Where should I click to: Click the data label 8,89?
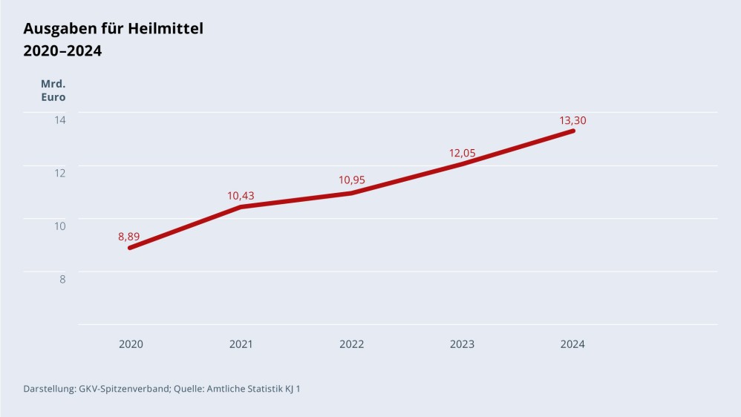[129, 237]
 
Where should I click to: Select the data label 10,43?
[241, 196]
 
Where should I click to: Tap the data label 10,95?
[352, 180]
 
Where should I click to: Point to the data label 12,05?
[463, 154]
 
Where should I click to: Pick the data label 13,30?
[573, 120]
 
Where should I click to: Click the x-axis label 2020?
[131, 344]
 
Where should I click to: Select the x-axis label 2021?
[241, 344]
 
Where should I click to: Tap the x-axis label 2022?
[352, 344]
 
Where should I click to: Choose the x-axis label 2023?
[463, 344]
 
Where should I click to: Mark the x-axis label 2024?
[573, 344]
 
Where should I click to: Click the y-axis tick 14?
[59, 119]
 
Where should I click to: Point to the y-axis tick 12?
[59, 173]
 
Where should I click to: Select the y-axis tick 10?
[59, 226]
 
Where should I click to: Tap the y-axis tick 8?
[62, 280]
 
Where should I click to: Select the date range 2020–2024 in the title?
[62, 51]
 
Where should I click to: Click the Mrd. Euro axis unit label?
[53, 91]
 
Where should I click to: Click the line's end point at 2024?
[573, 131]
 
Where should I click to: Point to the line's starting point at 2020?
[130, 248]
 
